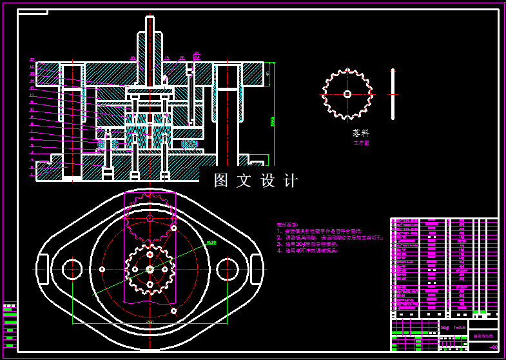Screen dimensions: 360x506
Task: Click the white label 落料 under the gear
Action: pos(360,132)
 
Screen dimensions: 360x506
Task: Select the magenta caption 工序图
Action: pos(362,143)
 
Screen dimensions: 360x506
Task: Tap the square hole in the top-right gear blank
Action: pos(347,94)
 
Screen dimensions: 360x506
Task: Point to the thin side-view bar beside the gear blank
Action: pos(393,94)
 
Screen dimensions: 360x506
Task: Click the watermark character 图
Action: pos(221,181)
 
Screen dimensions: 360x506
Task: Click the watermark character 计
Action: pos(291,181)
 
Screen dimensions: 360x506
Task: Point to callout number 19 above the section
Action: pos(166,58)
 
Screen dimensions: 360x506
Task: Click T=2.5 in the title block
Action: pos(460,328)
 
